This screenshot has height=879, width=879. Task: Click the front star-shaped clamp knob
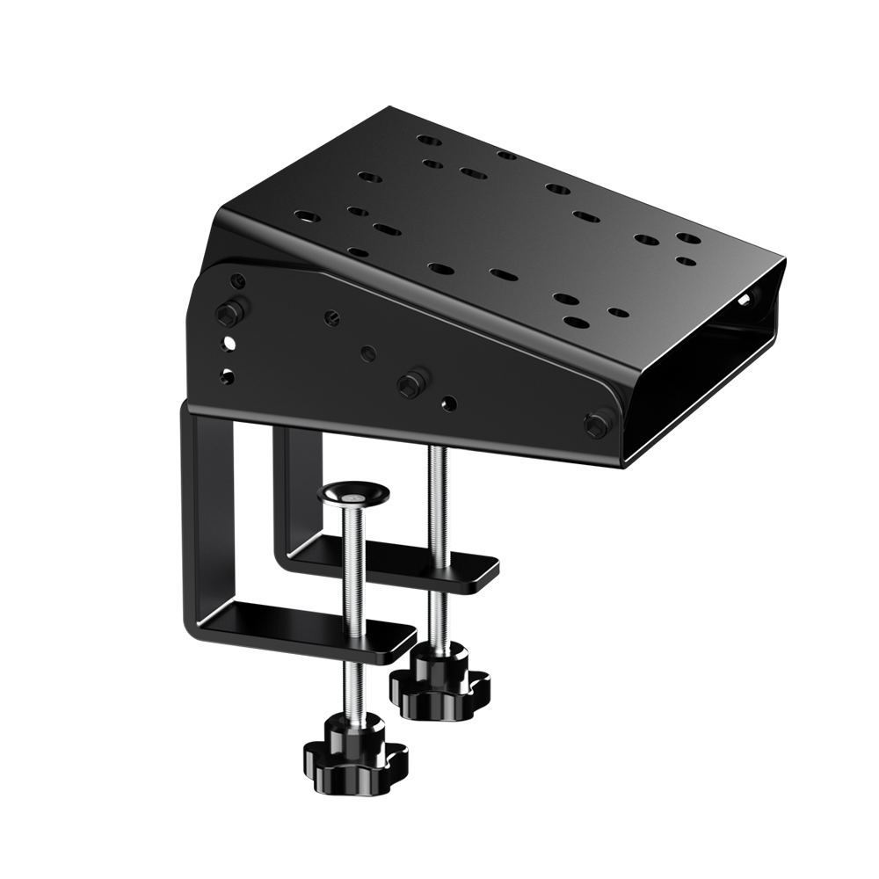(x=350, y=752)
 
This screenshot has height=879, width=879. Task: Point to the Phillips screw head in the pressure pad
(x=349, y=496)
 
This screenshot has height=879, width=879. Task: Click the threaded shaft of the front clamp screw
(x=352, y=598)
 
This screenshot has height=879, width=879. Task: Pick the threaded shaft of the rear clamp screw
(x=438, y=545)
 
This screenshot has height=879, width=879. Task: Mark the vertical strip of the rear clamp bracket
(x=283, y=492)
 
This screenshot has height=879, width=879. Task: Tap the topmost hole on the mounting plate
(x=427, y=141)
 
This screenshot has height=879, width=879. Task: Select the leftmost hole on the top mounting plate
(x=303, y=215)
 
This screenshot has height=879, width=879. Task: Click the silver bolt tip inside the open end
(x=748, y=299)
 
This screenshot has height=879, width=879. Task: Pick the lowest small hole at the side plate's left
(x=227, y=376)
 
